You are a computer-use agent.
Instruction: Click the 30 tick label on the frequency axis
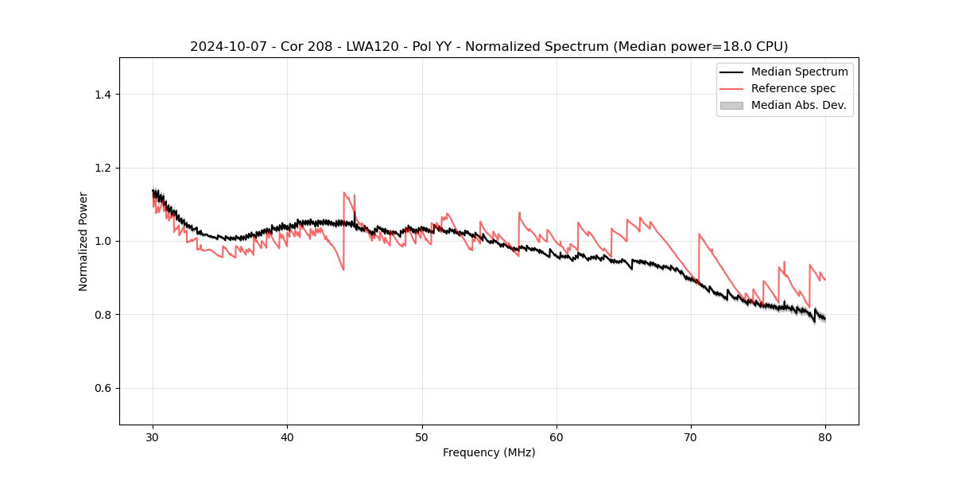[153, 436]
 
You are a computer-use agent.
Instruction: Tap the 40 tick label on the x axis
[288, 436]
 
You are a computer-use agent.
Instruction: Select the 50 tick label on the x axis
[422, 436]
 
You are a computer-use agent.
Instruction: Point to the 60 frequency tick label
[556, 436]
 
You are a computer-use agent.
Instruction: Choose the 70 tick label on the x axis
[691, 436]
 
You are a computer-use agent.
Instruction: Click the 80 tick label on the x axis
[825, 436]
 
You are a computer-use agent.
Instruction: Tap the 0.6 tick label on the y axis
[103, 388]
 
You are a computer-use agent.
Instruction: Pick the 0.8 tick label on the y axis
[103, 315]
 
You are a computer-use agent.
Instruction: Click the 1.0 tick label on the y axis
[103, 241]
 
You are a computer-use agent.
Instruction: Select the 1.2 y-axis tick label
[103, 168]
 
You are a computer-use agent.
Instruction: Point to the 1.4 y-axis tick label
[103, 95]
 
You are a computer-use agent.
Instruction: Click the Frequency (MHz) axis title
[489, 452]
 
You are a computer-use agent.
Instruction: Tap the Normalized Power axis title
[83, 241]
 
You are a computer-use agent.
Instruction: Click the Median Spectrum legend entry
[799, 72]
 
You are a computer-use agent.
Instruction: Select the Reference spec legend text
[793, 88]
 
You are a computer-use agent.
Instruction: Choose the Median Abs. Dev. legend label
[798, 105]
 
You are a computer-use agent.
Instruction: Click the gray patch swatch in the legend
[731, 105]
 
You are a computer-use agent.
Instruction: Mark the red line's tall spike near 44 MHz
[344, 192]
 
